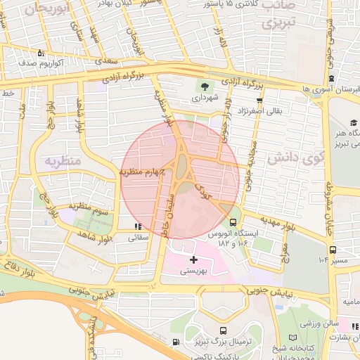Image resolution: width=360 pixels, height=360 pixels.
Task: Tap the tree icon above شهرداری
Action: point(203,87)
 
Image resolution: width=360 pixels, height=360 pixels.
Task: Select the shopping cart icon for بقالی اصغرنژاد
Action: point(259,100)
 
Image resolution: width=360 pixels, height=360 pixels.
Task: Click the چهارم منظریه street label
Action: point(141,171)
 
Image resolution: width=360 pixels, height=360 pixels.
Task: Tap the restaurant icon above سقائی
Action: point(138,226)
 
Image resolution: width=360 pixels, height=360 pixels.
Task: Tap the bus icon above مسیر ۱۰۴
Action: point(332,249)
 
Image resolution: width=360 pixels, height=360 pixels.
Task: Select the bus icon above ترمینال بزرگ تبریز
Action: point(223,330)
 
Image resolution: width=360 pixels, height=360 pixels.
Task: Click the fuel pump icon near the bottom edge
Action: point(175,342)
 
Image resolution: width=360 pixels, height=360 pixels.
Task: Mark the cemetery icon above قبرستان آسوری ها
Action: point(331,78)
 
